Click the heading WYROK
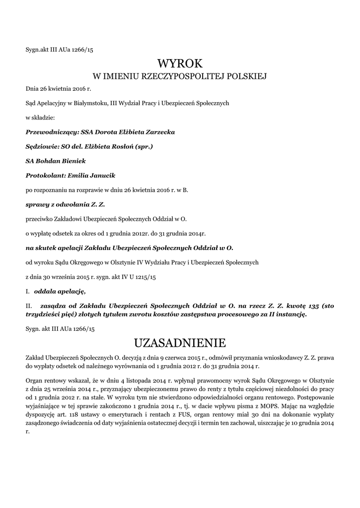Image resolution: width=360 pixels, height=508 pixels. tap(180, 63)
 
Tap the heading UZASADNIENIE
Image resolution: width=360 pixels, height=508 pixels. tap(180, 342)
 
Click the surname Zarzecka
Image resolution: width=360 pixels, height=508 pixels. tap(156, 132)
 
